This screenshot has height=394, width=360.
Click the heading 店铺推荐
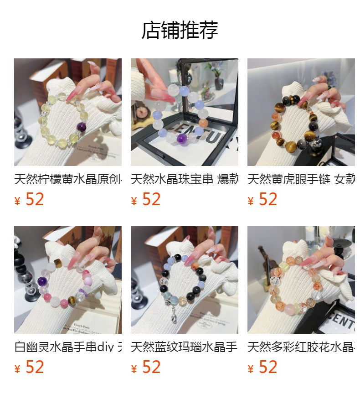pos(180,30)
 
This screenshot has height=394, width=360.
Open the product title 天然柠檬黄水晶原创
pos(68,179)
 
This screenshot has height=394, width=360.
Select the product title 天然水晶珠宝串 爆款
pos(185,179)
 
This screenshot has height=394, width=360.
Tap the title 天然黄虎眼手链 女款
pos(301,179)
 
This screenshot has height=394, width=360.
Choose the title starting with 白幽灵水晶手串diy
pos(68,347)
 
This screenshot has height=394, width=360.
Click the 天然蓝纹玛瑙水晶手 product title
pos(185,347)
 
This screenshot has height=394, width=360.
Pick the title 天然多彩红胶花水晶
pos(301,347)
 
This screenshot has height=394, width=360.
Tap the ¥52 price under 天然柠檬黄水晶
pos(30,199)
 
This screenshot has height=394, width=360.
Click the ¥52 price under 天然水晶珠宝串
pos(146,199)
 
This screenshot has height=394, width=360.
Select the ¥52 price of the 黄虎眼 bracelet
pos(263,199)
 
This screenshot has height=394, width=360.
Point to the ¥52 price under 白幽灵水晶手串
pos(30,367)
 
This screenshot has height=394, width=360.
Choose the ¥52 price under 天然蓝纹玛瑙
pos(146,367)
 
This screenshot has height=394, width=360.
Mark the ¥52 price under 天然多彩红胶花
pos(263,367)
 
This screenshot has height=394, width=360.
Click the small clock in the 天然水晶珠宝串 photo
pos(141,112)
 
